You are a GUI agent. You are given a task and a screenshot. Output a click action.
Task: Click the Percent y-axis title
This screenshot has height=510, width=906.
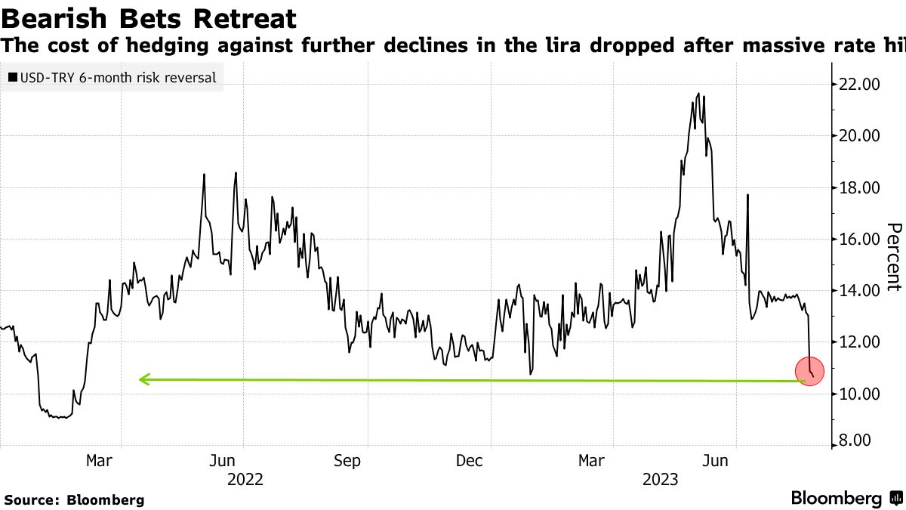click(x=894, y=257)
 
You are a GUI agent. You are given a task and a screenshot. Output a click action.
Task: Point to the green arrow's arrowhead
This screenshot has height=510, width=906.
click(x=143, y=379)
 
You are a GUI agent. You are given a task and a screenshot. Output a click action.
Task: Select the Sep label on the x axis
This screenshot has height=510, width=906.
click(x=347, y=461)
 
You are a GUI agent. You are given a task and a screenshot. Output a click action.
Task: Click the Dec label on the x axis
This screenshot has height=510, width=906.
click(x=470, y=461)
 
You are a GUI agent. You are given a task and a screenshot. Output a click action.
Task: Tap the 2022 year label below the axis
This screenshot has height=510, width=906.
click(x=245, y=479)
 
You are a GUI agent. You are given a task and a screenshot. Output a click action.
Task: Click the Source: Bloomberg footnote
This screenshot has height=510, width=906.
click(x=74, y=499)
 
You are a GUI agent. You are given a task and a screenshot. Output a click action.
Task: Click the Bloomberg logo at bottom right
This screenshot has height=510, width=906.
click(x=846, y=499)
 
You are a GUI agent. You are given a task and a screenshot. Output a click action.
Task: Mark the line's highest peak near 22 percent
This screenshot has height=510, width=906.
click(x=698, y=94)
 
